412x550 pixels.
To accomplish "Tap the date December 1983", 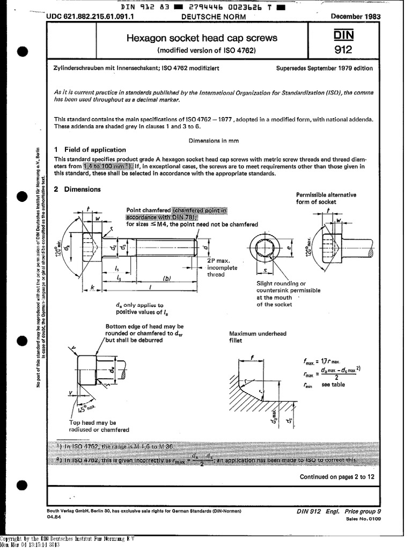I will (356, 17).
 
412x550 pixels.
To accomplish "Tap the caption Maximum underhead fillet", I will (257, 337).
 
